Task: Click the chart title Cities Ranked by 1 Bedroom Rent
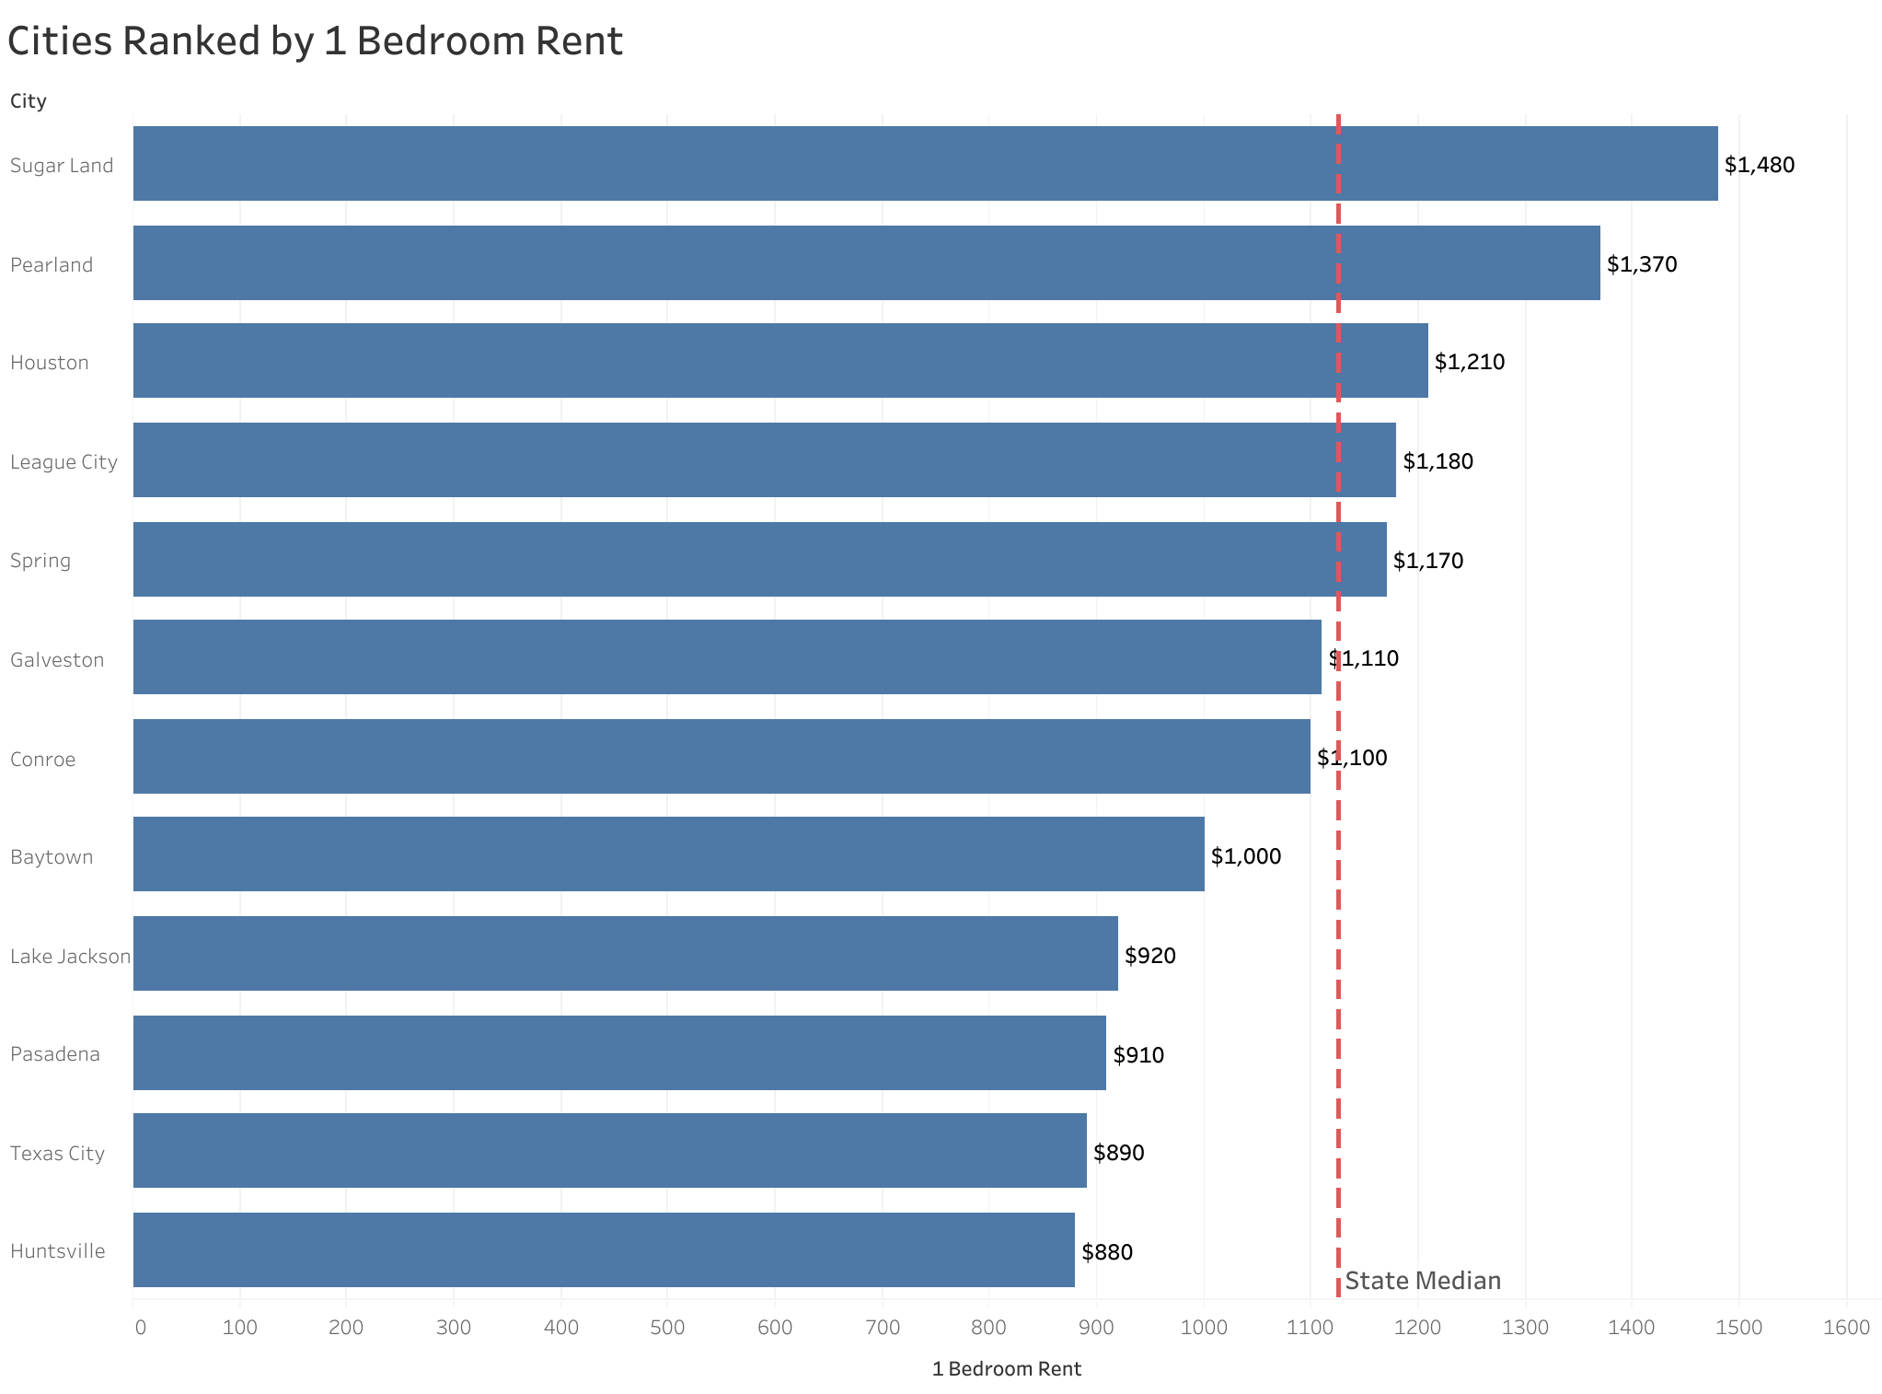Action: pyautogui.click(x=315, y=41)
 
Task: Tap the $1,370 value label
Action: pyautogui.click(x=1642, y=264)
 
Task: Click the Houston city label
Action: pyautogui.click(x=50, y=363)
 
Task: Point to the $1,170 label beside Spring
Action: pyautogui.click(x=1428, y=561)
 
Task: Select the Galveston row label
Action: pyautogui.click(x=57, y=660)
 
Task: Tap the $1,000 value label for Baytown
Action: pyautogui.click(x=1246, y=857)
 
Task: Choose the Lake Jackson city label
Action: pyautogui.click(x=70, y=957)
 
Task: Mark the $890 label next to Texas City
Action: pyautogui.click(x=1119, y=1153)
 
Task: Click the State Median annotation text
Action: pyautogui.click(x=1423, y=1281)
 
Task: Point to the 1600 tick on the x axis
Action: pyautogui.click(x=1847, y=1328)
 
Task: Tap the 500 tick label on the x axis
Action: pyautogui.click(x=667, y=1328)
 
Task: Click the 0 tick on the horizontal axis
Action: pyautogui.click(x=140, y=1328)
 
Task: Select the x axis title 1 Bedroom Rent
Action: pyautogui.click(x=1006, y=1369)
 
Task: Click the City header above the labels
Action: pyautogui.click(x=29, y=101)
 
